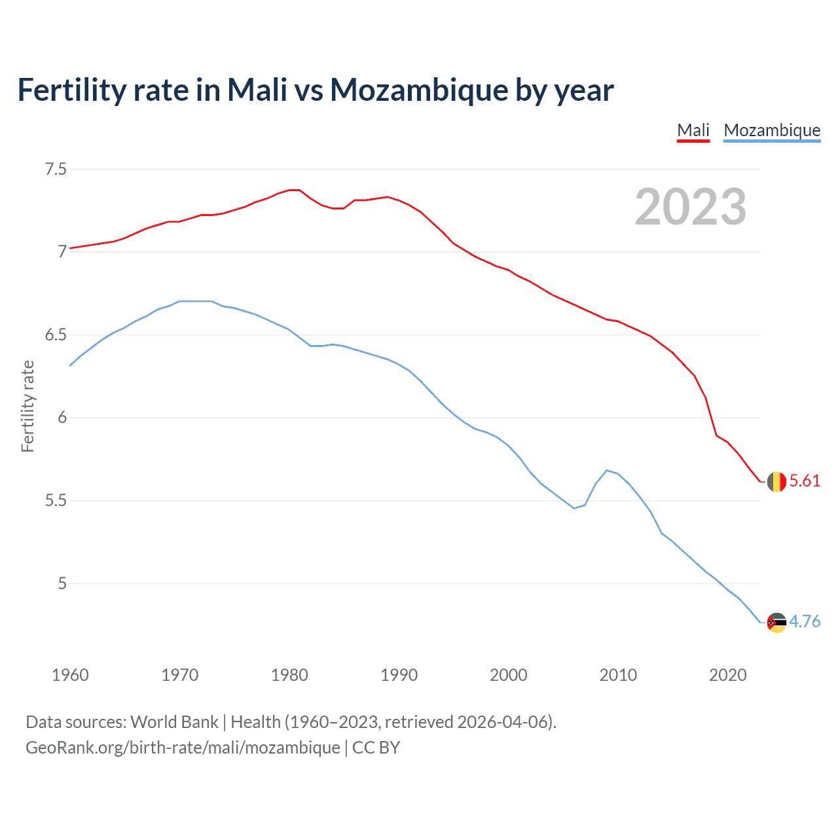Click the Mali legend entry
click(x=693, y=130)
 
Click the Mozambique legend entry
click(x=772, y=130)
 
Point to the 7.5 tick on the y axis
click(x=56, y=170)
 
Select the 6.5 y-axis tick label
click(x=56, y=335)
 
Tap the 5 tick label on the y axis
click(x=62, y=583)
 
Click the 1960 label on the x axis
click(x=70, y=675)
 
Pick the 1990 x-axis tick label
click(x=399, y=675)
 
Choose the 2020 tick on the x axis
click(x=727, y=675)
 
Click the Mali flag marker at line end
click(x=776, y=482)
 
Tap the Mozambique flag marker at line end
click(x=776, y=623)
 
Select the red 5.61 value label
click(x=805, y=481)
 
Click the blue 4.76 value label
click(x=805, y=622)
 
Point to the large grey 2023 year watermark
click(x=691, y=207)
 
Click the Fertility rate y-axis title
click(x=27, y=406)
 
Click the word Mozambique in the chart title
click(x=419, y=90)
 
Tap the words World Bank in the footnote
click(x=174, y=722)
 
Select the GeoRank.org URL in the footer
click(x=183, y=748)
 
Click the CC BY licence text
click(x=376, y=748)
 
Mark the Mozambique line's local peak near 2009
click(x=608, y=470)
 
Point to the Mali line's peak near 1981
click(x=295, y=190)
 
